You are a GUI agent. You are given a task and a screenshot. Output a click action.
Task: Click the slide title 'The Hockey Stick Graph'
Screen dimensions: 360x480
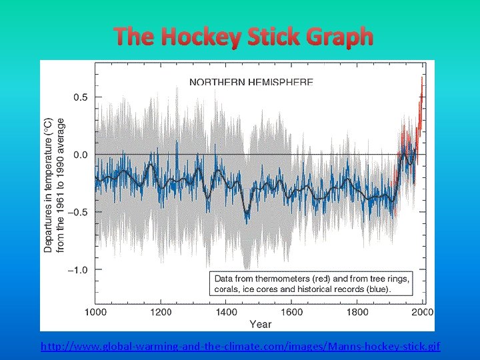(x=243, y=37)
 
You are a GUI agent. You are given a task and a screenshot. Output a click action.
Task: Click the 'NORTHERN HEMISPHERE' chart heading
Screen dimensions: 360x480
(x=251, y=82)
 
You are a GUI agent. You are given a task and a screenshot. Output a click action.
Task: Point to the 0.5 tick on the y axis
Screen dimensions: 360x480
(x=80, y=97)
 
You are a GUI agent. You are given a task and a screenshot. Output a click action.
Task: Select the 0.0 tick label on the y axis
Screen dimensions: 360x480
(x=80, y=155)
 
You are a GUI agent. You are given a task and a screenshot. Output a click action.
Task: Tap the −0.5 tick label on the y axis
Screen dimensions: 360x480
(x=77, y=212)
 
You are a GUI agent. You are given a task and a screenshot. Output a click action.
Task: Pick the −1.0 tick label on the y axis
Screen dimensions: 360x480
(x=77, y=270)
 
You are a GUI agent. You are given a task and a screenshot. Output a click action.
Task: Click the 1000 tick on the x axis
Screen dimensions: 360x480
(x=95, y=312)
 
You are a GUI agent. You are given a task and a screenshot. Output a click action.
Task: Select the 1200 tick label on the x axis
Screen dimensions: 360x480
(x=160, y=312)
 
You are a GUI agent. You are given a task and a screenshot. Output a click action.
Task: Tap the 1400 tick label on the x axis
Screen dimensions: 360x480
(x=226, y=312)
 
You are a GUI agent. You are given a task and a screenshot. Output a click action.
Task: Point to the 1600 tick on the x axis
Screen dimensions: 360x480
(x=291, y=312)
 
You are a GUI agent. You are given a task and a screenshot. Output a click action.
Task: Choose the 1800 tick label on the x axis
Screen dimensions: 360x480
(x=357, y=312)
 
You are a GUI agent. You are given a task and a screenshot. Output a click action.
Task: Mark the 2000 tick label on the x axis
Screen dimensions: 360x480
(x=421, y=312)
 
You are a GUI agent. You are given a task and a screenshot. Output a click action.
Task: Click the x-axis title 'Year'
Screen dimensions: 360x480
(x=260, y=324)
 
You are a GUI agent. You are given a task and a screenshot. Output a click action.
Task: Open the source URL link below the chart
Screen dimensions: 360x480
(x=240, y=347)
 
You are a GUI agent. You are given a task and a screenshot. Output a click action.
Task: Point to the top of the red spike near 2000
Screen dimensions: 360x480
(x=421, y=77)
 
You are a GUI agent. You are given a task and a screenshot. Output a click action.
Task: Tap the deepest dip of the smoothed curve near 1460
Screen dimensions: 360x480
(x=247, y=215)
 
